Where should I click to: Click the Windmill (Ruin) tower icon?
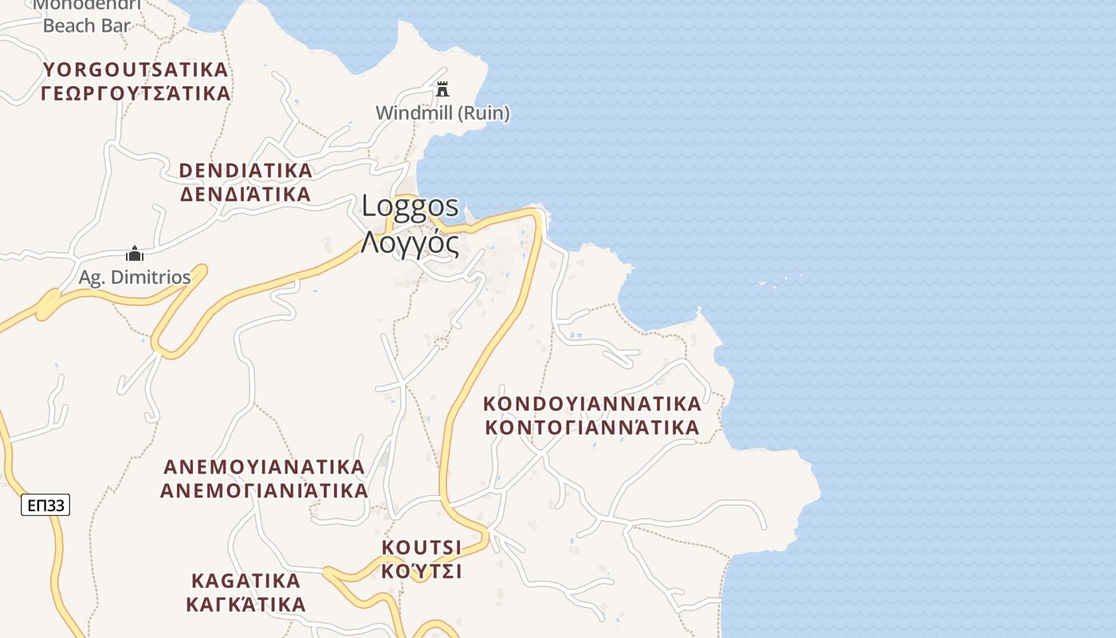442,89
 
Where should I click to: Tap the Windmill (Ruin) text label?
442,113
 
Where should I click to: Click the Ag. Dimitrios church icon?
135,254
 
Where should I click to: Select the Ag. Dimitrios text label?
135,278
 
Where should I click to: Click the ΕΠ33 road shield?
45,505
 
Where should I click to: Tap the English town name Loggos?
411,206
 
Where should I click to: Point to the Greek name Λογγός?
410,242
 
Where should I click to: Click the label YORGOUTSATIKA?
136,69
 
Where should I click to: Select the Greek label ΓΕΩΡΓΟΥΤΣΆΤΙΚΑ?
136,93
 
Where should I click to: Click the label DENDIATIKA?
246,171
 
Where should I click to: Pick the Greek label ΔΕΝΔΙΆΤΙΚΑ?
246,195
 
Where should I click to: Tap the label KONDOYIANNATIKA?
592,404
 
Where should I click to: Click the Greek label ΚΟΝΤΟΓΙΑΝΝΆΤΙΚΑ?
592,427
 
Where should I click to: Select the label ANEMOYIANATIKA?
264,466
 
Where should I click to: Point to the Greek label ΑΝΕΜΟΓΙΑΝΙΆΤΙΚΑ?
264,490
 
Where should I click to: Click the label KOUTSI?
422,547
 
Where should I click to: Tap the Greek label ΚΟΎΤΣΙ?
422,571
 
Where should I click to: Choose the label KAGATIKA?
246,580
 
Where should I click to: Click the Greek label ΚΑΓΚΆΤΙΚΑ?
246,604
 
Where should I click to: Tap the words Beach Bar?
86,26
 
